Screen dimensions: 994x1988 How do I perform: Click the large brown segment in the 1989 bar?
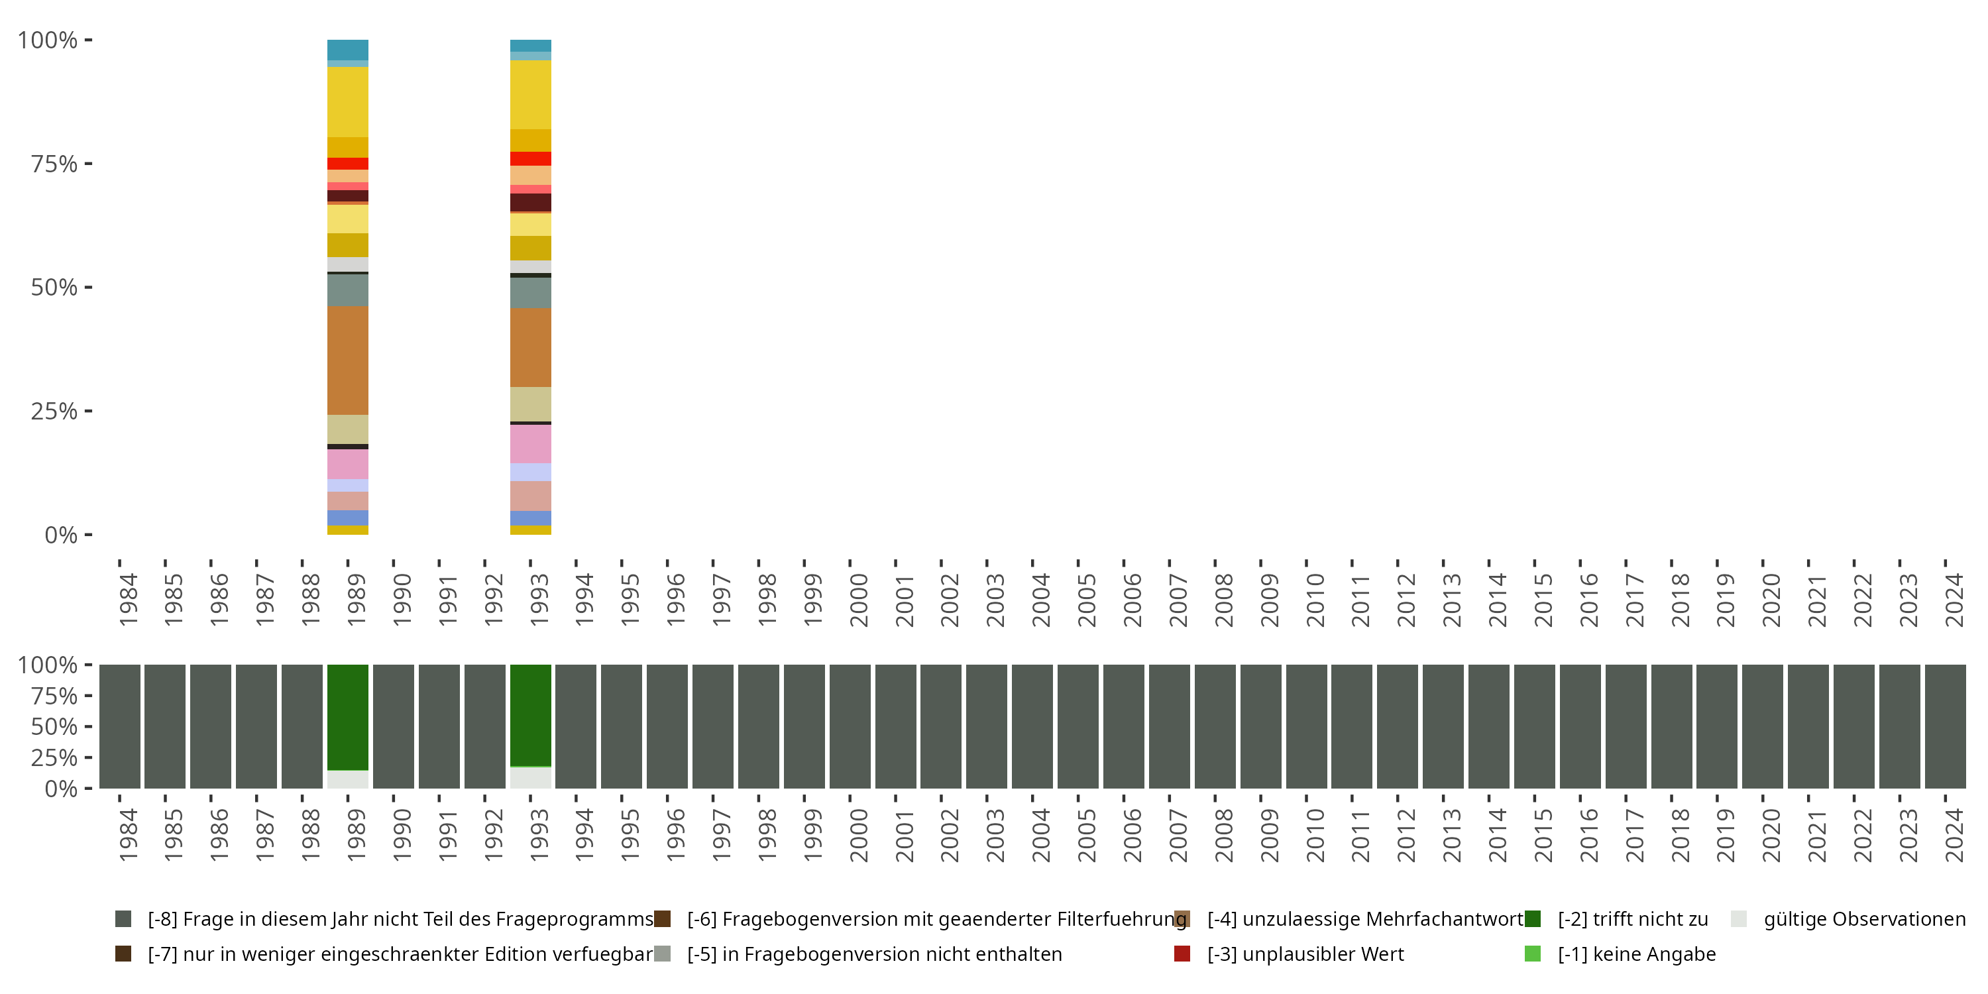(347, 360)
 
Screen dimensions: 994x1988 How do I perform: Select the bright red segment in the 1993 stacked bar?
(530, 158)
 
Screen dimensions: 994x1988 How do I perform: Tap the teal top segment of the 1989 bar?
(347, 50)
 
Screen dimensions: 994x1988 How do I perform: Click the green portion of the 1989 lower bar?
(347, 717)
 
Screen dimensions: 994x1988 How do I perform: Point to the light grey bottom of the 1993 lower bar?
(530, 777)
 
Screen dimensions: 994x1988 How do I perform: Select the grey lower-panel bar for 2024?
(1945, 726)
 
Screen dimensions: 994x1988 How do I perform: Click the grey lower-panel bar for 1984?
(120, 726)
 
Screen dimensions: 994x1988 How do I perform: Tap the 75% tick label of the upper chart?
(54, 164)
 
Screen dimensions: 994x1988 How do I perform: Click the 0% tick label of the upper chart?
(61, 535)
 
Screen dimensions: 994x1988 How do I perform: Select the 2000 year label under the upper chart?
(858, 600)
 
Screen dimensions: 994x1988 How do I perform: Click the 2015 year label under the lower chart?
(1543, 835)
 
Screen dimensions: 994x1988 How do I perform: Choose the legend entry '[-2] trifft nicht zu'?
(1632, 919)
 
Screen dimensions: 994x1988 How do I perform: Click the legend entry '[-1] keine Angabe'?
(1636, 954)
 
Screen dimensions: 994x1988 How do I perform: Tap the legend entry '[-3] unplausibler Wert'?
(1305, 954)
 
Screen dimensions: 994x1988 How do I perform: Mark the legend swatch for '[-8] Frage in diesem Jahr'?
(123, 919)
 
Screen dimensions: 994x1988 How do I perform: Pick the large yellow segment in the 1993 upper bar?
(530, 94)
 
